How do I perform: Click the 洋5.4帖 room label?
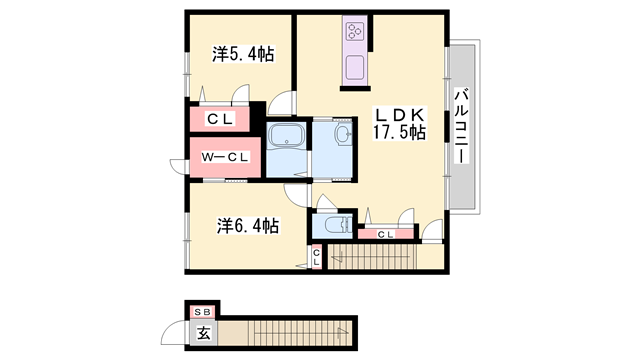coord(243,55)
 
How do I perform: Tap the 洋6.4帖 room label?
coord(248,225)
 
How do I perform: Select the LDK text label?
coord(399,112)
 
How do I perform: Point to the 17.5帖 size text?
coord(400,132)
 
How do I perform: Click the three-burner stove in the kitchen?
coord(356,31)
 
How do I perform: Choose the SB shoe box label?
coord(203,311)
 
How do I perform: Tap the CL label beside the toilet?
coord(386,234)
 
